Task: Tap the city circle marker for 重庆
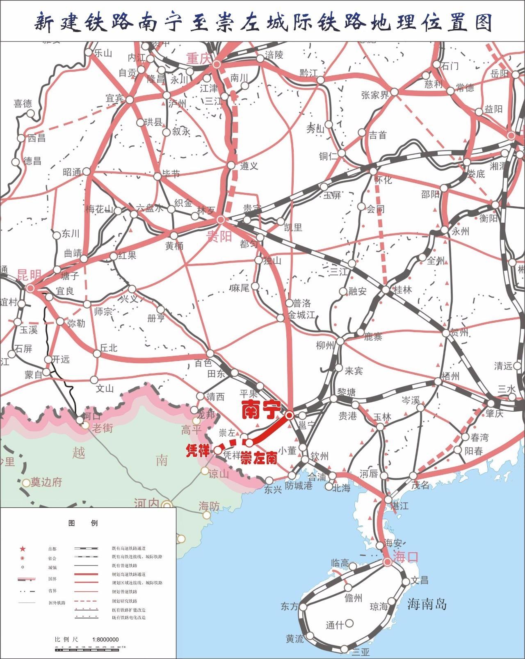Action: pyautogui.click(x=217, y=64)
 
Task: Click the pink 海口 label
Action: pyautogui.click(x=406, y=556)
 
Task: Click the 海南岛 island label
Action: pyautogui.click(x=427, y=604)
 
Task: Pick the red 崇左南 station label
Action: pyautogui.click(x=258, y=458)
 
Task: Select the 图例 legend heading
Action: pyautogui.click(x=83, y=523)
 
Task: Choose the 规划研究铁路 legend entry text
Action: pyautogui.click(x=124, y=601)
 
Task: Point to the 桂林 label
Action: pyautogui.click(x=402, y=290)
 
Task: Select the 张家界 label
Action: pyautogui.click(x=375, y=95)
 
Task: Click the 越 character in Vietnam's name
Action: pyautogui.click(x=78, y=453)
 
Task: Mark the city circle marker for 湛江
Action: pyautogui.click(x=388, y=500)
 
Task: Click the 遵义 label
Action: pyautogui.click(x=249, y=166)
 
